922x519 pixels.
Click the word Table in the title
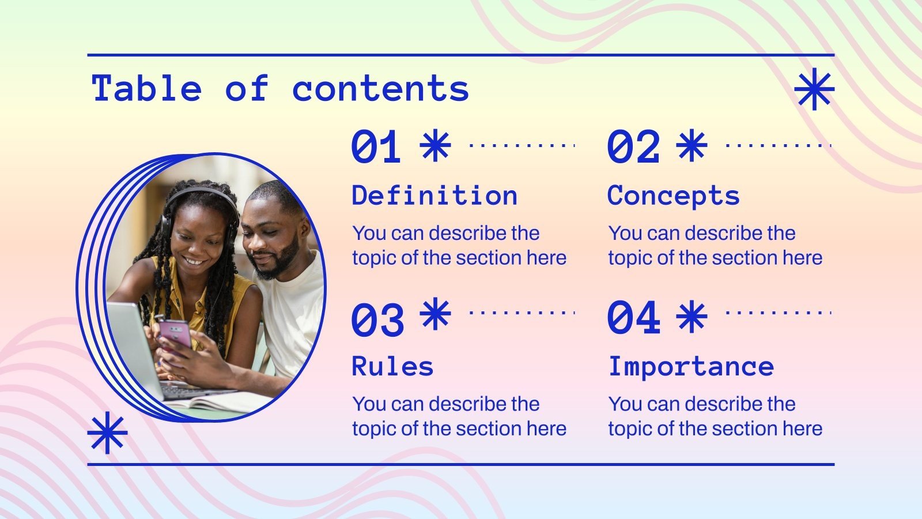click(147, 89)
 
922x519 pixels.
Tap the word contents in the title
click(380, 89)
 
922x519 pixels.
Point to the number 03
click(377, 319)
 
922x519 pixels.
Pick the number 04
click(633, 317)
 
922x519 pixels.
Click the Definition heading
click(434, 196)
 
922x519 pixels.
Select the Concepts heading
click(673, 196)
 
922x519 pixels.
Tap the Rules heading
click(392, 367)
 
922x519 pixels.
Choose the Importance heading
click(691, 367)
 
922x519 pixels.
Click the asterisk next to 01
click(435, 145)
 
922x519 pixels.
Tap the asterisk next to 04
click(691, 316)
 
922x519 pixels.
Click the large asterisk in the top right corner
click(814, 89)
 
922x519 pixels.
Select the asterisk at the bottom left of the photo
click(107, 433)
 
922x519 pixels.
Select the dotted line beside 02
click(778, 145)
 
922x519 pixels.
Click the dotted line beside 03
click(522, 313)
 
